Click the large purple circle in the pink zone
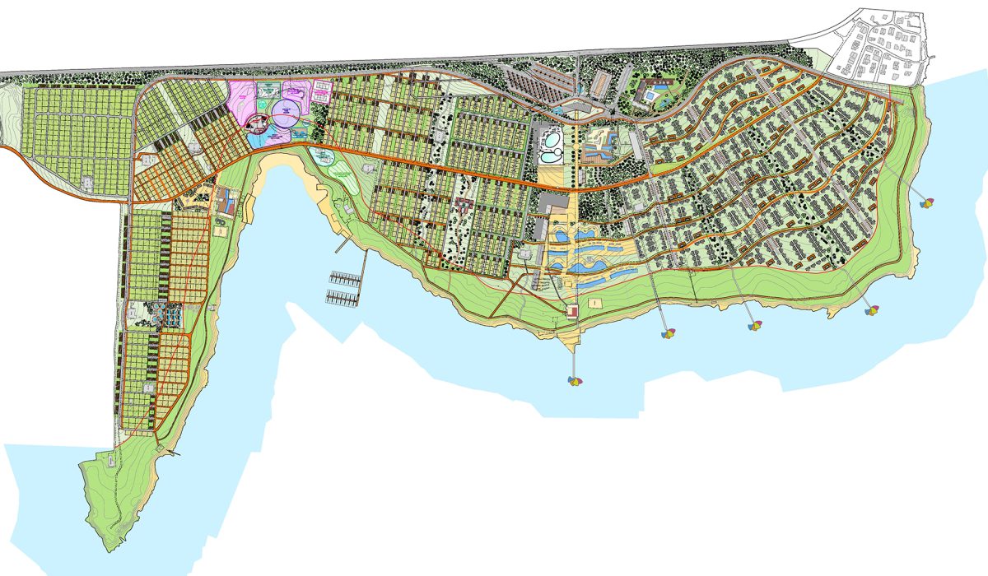click(x=286, y=112)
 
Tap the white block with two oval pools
click(x=548, y=146)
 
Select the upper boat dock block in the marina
click(x=345, y=279)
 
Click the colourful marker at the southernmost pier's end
click(x=575, y=380)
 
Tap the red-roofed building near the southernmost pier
click(x=571, y=310)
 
